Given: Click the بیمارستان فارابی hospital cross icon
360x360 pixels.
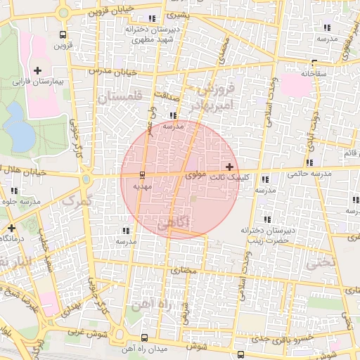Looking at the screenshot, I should [37, 70].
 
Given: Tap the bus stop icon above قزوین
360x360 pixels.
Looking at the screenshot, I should [64, 34].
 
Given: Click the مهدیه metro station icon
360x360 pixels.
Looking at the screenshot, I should [143, 174].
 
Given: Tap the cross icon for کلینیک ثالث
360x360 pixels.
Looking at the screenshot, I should [230, 167].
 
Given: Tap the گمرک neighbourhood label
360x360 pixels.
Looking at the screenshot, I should [77, 200].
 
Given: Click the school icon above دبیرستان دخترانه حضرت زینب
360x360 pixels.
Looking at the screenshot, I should [266, 219].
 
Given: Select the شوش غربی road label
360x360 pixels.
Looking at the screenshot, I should [88, 333].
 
